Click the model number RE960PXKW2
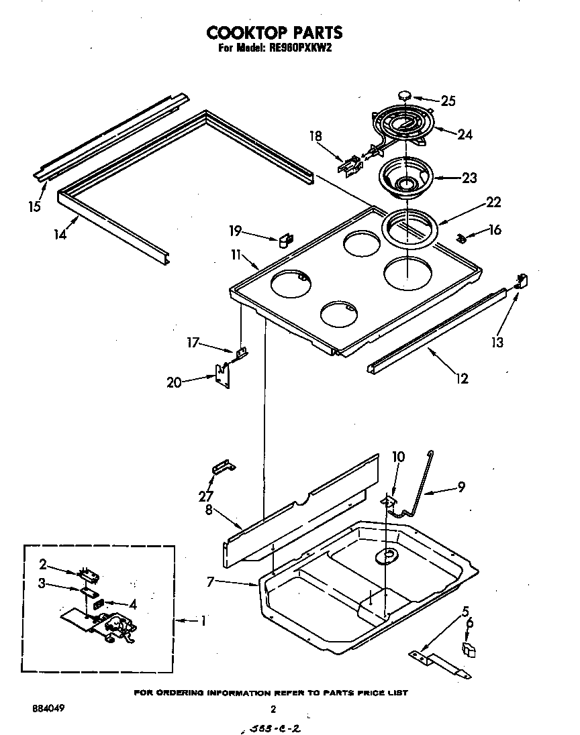click(294, 48)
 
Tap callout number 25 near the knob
click(448, 101)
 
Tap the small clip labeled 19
click(285, 238)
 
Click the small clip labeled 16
click(462, 237)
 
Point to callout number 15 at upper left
click(34, 206)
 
